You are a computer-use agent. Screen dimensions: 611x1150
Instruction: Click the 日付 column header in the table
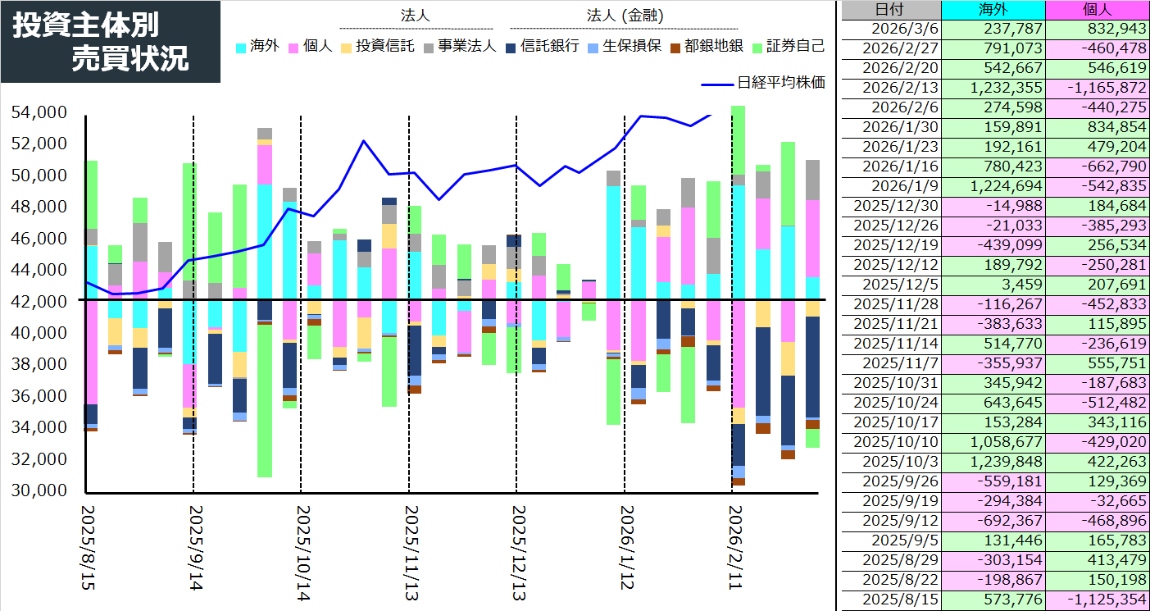pyautogui.click(x=891, y=10)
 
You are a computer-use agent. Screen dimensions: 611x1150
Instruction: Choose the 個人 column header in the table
pyautogui.click(x=1097, y=10)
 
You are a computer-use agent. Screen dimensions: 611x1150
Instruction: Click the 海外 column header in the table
pyautogui.click(x=993, y=10)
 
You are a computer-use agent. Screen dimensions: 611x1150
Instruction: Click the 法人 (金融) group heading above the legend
pyautogui.click(x=625, y=16)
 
